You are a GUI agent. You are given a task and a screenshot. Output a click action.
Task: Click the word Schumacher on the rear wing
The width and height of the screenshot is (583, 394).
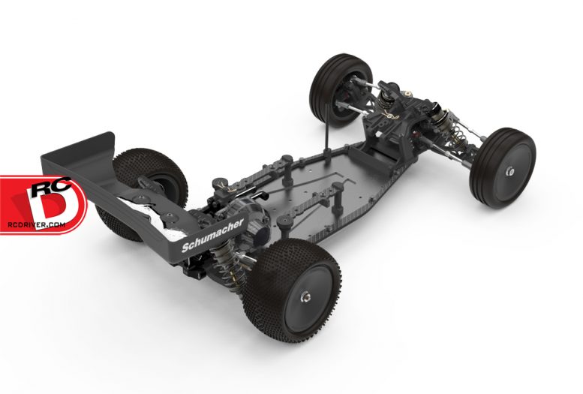[212, 235]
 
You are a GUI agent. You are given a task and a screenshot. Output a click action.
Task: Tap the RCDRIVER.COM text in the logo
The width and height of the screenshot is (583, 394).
[37, 224]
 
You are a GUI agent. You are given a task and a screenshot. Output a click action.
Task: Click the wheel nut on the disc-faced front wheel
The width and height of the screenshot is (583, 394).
[509, 172]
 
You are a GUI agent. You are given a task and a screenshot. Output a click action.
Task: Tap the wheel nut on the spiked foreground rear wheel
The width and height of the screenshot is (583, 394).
[305, 297]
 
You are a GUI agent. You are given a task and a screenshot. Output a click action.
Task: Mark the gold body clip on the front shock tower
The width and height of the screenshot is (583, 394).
[389, 113]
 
